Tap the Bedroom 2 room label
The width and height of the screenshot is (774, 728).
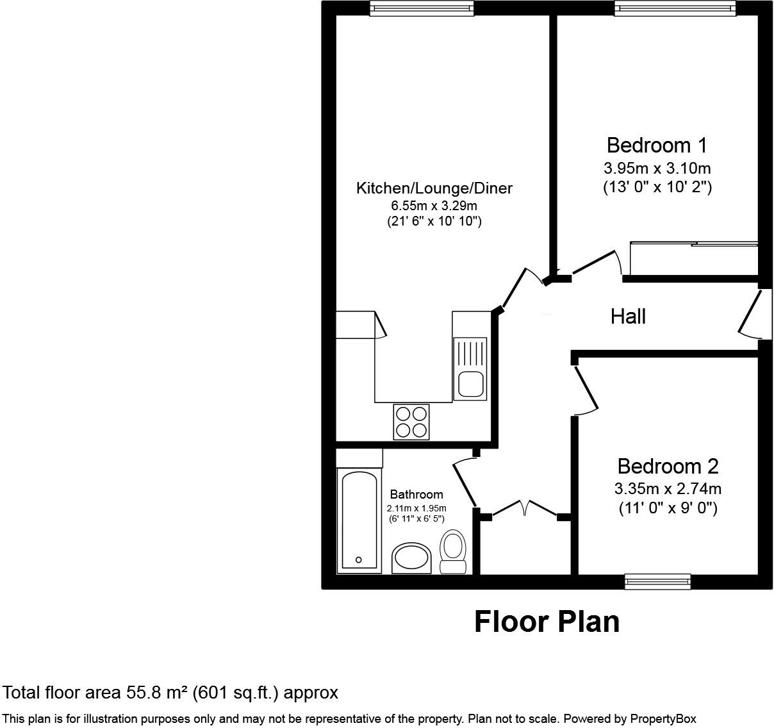[668, 466]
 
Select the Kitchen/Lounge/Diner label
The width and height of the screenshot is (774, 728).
[434, 188]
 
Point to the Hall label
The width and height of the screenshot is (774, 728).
[628, 317]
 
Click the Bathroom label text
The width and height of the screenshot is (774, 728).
[416, 495]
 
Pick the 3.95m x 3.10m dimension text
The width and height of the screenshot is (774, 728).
[657, 169]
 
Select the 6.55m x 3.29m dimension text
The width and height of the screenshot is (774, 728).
[434, 206]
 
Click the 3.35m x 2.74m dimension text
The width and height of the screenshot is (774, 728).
[668, 489]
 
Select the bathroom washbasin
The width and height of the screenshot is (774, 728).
[411, 558]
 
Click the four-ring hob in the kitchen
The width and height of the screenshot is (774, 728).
[411, 422]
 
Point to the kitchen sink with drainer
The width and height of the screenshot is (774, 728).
[470, 369]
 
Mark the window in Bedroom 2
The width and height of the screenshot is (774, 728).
[657, 581]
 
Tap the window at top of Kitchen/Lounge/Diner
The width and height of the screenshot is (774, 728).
[422, 8]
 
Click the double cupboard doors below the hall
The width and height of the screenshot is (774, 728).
[525, 509]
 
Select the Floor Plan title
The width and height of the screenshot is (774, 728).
[547, 622]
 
